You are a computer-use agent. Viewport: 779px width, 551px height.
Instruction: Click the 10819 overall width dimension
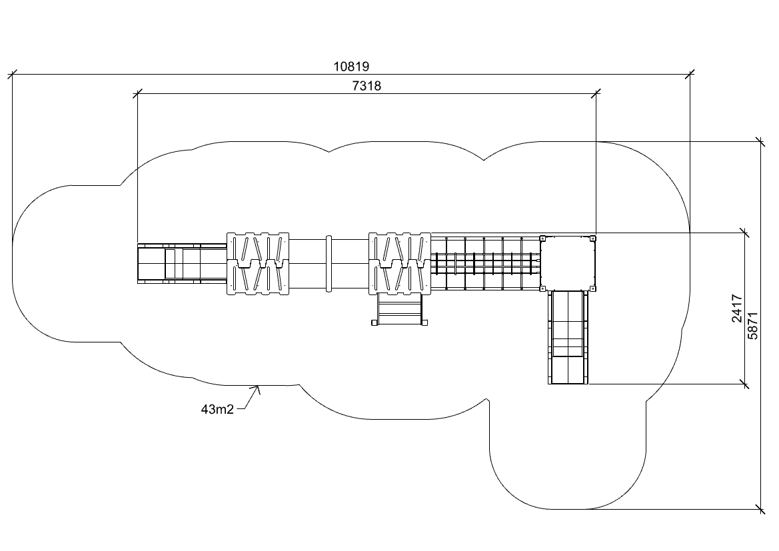[x=351, y=66]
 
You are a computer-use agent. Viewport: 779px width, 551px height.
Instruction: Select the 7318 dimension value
[x=367, y=86]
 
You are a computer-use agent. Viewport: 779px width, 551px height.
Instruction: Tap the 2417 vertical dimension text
[x=737, y=308]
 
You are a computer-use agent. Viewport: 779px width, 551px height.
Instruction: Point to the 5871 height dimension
[x=753, y=326]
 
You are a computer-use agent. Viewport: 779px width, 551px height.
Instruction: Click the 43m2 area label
[x=217, y=409]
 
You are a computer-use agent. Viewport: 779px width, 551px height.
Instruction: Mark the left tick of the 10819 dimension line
[x=12, y=73]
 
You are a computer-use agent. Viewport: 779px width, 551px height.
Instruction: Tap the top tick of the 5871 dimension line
[x=760, y=141]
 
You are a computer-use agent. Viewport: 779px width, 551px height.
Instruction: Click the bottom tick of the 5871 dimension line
[x=760, y=510]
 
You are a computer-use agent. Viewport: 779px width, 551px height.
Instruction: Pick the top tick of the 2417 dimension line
[x=744, y=233]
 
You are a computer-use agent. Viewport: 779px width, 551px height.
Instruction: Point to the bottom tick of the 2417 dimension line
[x=744, y=384]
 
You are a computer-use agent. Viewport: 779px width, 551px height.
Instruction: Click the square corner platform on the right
[x=567, y=263]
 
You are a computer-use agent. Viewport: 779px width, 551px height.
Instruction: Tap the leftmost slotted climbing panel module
[x=258, y=263]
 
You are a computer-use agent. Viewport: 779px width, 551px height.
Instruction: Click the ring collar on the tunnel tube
[x=328, y=263]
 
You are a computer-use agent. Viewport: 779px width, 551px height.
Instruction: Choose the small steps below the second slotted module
[x=399, y=310]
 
